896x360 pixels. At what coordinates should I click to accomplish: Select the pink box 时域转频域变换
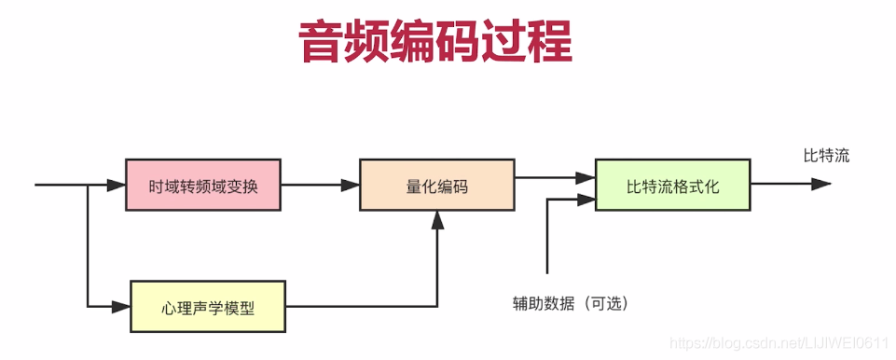pos(203,185)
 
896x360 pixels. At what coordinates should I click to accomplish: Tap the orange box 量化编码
pos(436,185)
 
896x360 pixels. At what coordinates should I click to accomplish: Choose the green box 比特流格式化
pos(672,185)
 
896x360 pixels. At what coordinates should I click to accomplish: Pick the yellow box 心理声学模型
pos(207,306)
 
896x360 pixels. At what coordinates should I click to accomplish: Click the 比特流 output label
pos(826,156)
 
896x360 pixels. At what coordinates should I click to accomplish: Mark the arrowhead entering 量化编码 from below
pos(436,219)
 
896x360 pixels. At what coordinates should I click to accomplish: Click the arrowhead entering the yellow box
pos(120,306)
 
